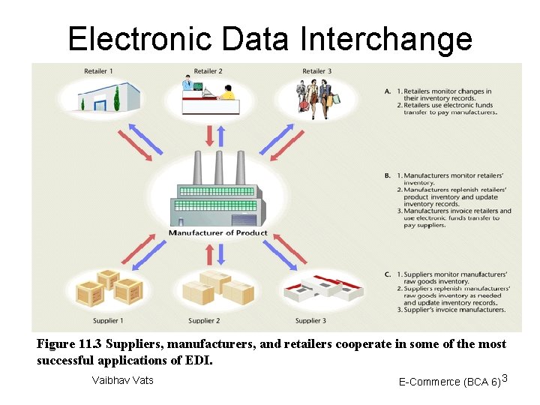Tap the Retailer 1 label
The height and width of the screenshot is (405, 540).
(x=99, y=71)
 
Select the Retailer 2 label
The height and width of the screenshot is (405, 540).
(x=208, y=71)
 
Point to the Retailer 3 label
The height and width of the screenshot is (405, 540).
(x=317, y=71)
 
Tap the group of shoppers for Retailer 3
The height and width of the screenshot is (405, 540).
(x=316, y=98)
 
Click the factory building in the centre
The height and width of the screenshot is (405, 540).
(x=217, y=191)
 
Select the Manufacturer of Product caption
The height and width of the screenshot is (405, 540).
(x=217, y=232)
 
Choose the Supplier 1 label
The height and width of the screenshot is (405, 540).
(x=109, y=321)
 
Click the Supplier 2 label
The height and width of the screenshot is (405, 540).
(x=204, y=321)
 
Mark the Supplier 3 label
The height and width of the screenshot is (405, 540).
(x=310, y=321)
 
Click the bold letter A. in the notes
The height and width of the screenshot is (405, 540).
(x=387, y=91)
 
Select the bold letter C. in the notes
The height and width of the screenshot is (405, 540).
(x=387, y=274)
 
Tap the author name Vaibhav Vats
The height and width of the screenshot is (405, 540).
(x=122, y=380)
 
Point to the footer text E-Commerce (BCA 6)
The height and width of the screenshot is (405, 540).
(x=450, y=382)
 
